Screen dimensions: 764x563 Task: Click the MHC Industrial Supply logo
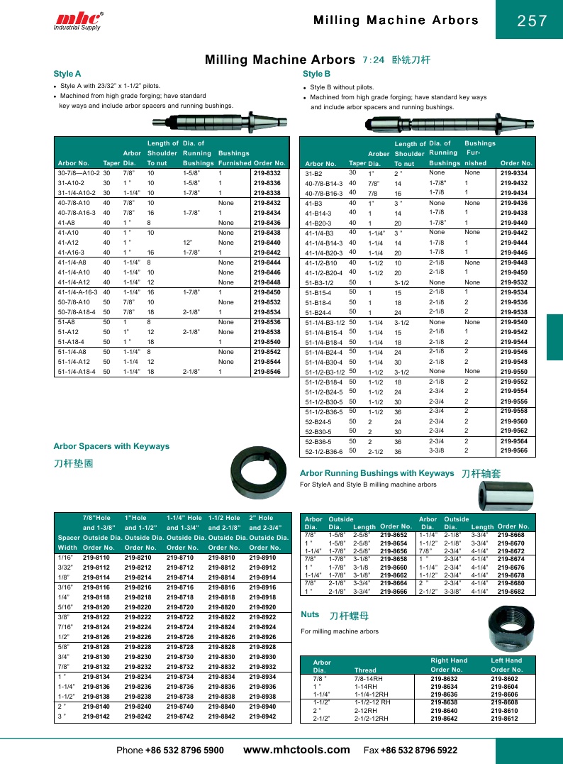[78, 21]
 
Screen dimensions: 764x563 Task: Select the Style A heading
[67, 73]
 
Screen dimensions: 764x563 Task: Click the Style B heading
[316, 73]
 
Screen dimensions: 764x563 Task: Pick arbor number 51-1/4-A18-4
[77, 371]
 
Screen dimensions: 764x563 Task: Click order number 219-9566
[514, 450]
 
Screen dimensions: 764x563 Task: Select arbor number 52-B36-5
[318, 441]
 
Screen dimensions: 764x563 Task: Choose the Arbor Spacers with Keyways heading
[111, 446]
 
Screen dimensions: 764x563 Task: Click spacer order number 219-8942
[262, 717]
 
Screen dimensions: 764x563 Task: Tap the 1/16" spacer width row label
[66, 558]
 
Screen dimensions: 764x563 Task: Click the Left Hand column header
[506, 660]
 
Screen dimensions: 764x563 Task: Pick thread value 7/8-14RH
[368, 679]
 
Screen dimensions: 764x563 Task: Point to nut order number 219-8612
[504, 719]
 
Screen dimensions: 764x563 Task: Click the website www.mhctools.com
[296, 750]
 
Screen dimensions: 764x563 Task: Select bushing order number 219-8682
[511, 591]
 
